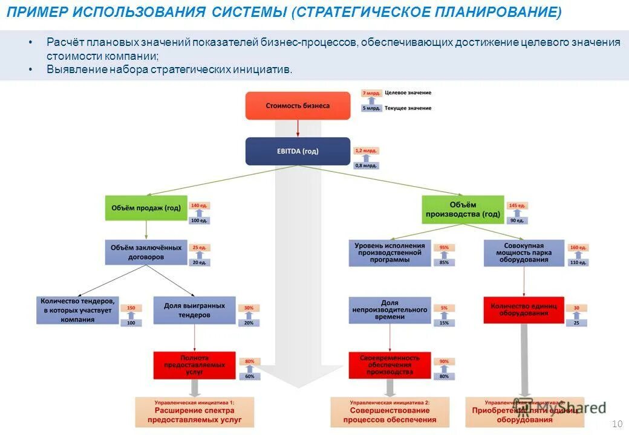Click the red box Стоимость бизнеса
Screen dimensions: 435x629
coord(298,106)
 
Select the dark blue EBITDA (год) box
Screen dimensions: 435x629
coord(298,151)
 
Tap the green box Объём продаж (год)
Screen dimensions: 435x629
coord(146,208)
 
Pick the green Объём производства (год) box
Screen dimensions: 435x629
coord(463,210)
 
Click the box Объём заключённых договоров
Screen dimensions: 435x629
coord(146,252)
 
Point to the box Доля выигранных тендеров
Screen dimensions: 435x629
coord(194,311)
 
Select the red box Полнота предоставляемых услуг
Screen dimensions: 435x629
coord(194,365)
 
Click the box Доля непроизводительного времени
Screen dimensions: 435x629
coord(389,309)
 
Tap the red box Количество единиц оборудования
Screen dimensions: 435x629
coord(524,309)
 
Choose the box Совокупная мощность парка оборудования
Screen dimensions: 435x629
coord(524,253)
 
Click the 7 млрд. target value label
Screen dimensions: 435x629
coord(371,93)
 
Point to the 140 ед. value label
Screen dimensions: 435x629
coord(199,206)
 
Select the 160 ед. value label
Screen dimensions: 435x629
coord(578,248)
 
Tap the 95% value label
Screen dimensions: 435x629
coord(444,248)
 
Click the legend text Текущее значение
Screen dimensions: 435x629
coord(408,108)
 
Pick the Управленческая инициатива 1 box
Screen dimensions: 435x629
coord(194,412)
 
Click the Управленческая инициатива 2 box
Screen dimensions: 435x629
coord(389,412)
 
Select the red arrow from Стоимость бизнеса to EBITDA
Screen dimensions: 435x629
coord(298,128)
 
